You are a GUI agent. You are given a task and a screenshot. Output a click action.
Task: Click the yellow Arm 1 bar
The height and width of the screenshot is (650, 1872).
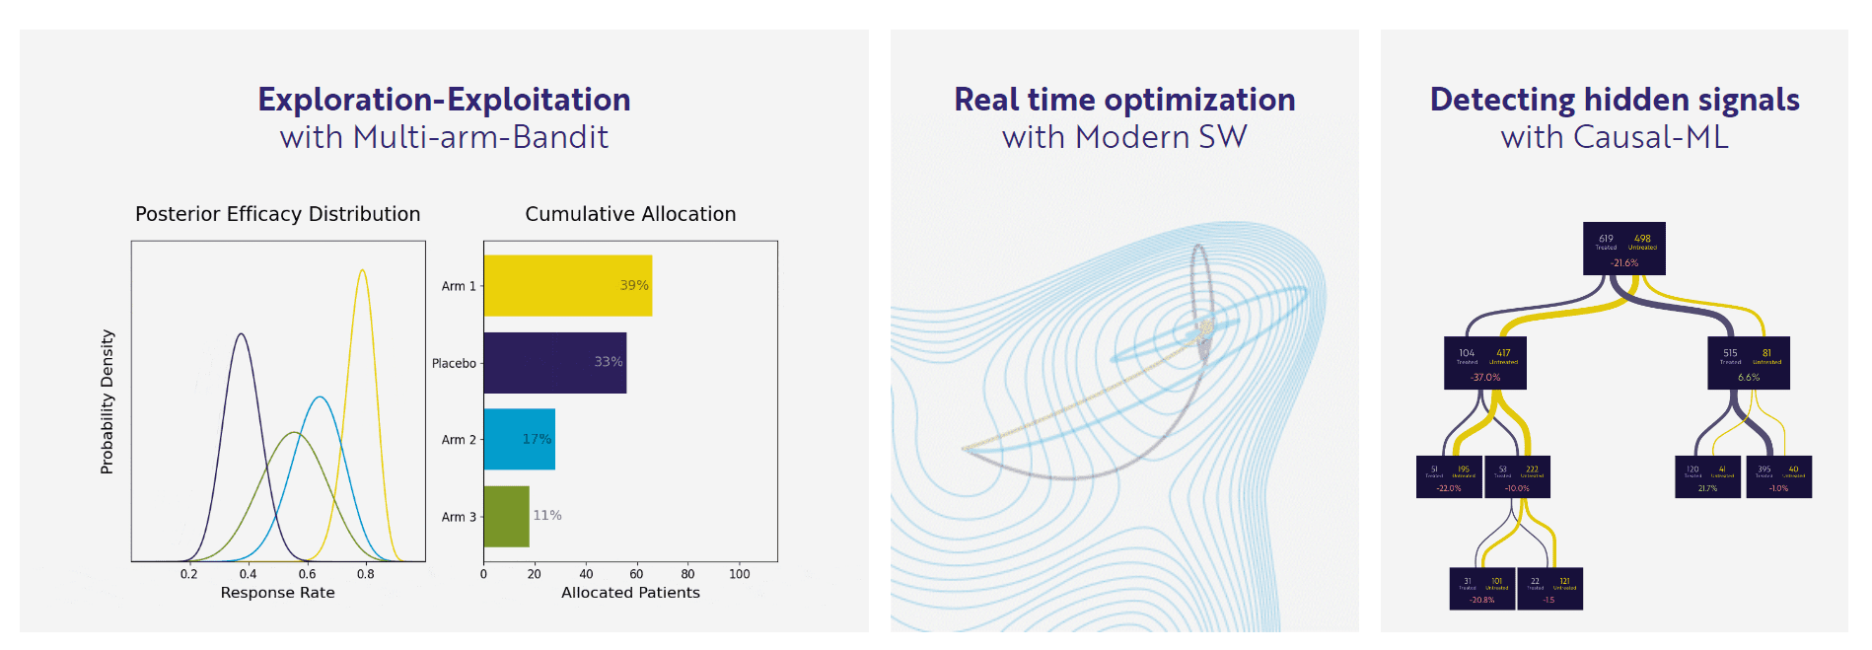pos(567,286)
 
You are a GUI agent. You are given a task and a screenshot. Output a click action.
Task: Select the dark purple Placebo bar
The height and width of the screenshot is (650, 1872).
pos(554,363)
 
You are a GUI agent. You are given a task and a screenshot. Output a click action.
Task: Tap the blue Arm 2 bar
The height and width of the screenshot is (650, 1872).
pos(519,439)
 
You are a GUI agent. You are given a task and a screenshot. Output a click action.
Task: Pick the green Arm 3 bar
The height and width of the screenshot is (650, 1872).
pos(506,516)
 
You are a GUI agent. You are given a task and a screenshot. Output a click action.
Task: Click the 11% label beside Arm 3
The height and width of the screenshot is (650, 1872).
pos(547,515)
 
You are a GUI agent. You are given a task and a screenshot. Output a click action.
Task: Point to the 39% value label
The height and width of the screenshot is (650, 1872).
pos(634,285)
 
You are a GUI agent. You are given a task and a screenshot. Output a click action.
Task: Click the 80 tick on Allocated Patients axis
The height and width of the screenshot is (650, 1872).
pos(687,574)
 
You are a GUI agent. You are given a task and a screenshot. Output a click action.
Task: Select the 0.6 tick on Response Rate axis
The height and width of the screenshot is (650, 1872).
pos(307,574)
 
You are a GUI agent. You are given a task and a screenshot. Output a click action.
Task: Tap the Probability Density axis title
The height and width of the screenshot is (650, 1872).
pos(107,401)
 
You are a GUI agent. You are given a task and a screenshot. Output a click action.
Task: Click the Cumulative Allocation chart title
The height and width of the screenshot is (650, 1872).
pos(630,214)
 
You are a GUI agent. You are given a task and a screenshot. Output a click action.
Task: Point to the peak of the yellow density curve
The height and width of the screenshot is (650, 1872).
pos(363,270)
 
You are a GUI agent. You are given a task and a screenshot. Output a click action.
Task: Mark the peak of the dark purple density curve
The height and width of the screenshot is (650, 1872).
pos(241,334)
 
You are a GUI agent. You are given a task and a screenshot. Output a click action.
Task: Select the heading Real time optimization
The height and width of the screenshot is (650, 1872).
pos(1124,100)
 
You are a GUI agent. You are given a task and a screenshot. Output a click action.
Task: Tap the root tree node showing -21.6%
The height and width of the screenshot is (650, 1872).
pos(1623,249)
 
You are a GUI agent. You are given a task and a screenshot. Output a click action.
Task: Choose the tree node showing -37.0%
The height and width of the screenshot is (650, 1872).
pos(1484,363)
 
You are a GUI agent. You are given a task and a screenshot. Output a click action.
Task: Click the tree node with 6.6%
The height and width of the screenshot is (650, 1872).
pos(1748,363)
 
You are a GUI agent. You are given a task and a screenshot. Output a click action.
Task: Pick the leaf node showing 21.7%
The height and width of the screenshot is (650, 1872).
pos(1707,476)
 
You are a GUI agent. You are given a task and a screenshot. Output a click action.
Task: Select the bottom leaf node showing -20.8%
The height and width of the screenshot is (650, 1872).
pos(1481,589)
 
